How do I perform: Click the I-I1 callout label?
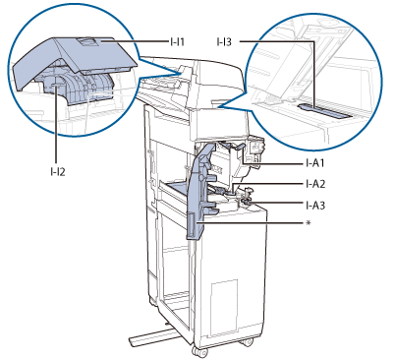(x=177, y=42)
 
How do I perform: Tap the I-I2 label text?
(x=58, y=171)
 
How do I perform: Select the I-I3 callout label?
(x=224, y=42)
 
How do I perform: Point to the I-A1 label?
(x=314, y=163)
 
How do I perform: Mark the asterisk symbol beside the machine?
(x=308, y=223)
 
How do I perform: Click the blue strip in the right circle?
(x=325, y=110)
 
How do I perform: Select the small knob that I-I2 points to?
(x=56, y=86)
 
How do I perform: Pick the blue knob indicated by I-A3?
(x=246, y=204)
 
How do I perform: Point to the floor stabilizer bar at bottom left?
(x=149, y=336)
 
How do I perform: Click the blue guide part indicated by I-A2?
(x=219, y=190)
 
